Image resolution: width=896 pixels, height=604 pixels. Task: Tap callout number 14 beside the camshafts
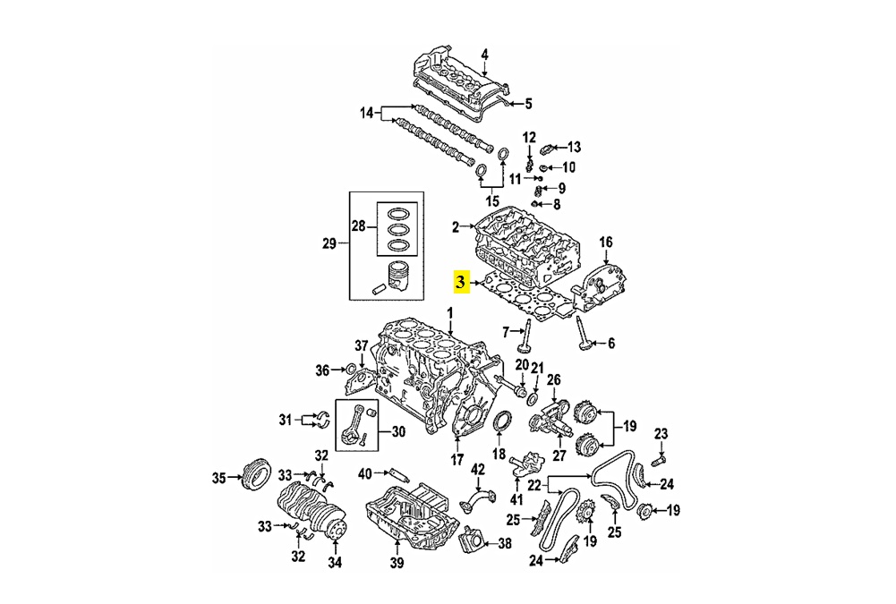point(366,113)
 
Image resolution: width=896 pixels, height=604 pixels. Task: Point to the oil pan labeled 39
point(413,518)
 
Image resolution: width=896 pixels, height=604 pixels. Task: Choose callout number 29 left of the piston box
point(328,243)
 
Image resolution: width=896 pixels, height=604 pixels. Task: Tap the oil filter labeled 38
point(472,541)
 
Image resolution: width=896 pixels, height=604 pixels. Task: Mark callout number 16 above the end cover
point(606,242)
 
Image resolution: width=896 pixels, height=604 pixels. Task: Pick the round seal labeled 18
point(503,424)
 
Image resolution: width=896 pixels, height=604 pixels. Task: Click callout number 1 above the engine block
point(450,312)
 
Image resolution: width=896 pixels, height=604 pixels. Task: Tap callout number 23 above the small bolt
point(661,434)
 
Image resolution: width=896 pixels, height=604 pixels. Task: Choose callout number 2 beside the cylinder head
point(455,227)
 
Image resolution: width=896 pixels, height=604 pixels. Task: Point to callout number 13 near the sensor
point(574,146)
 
